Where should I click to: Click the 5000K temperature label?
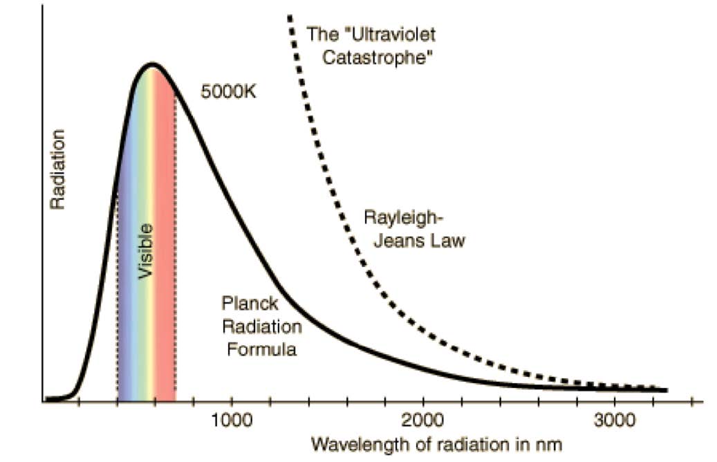coord(228,91)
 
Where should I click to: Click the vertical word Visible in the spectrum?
coord(146,250)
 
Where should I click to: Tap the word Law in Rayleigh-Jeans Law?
coord(450,241)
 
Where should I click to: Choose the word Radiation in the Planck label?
coord(261,326)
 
